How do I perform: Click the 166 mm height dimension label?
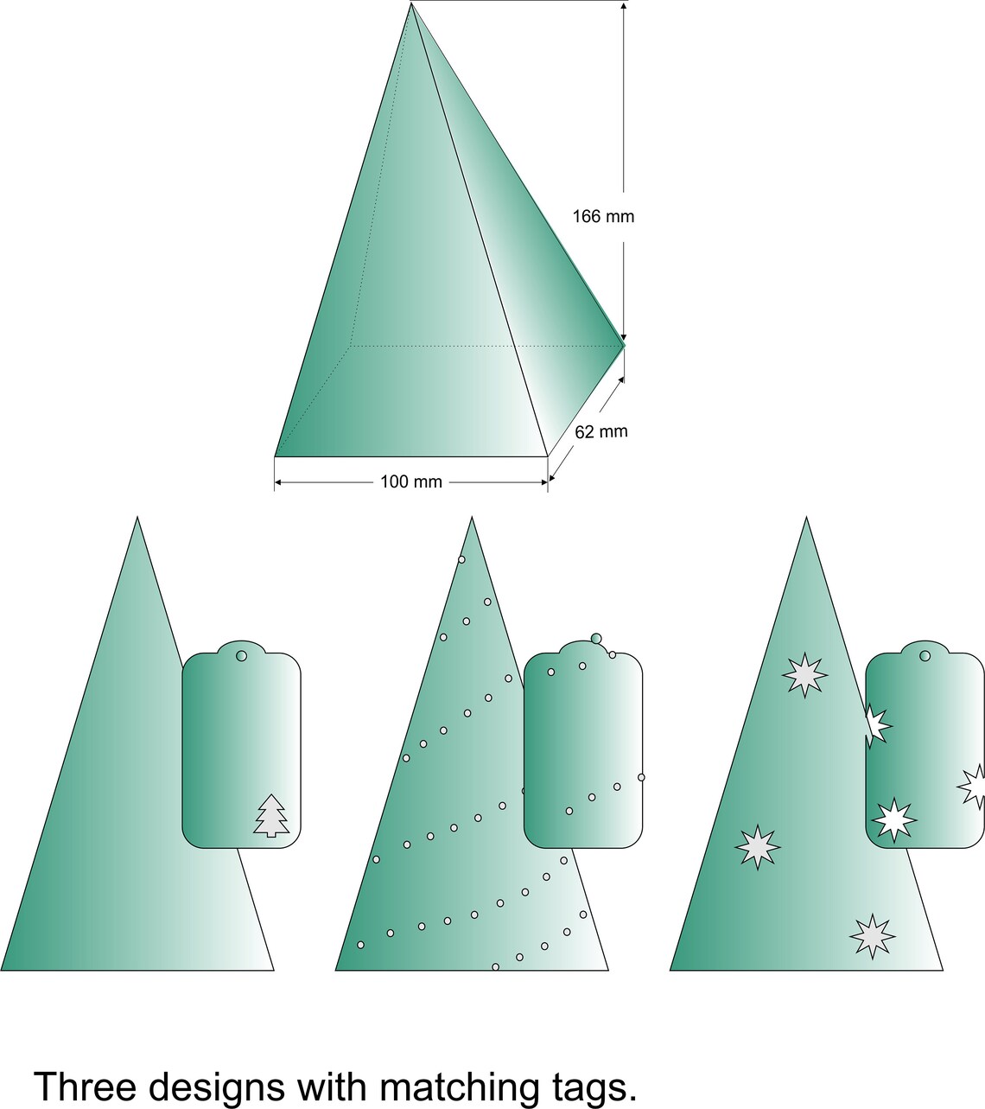click(x=603, y=216)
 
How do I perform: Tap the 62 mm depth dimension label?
click(x=601, y=431)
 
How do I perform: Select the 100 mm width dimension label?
click(x=411, y=481)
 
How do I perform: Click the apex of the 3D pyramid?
click(x=411, y=4)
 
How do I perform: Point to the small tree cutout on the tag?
click(x=271, y=815)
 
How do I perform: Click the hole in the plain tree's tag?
click(x=241, y=656)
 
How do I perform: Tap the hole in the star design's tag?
click(x=925, y=656)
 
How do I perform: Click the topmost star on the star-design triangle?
click(x=805, y=675)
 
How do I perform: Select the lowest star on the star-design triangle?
click(x=872, y=936)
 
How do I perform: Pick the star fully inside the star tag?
click(x=893, y=819)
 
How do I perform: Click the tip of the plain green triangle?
click(x=137, y=518)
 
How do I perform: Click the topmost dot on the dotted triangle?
click(x=461, y=559)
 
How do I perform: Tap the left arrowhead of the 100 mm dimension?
click(x=279, y=481)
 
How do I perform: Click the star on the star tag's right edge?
click(x=974, y=787)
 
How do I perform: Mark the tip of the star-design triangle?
click(x=806, y=519)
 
